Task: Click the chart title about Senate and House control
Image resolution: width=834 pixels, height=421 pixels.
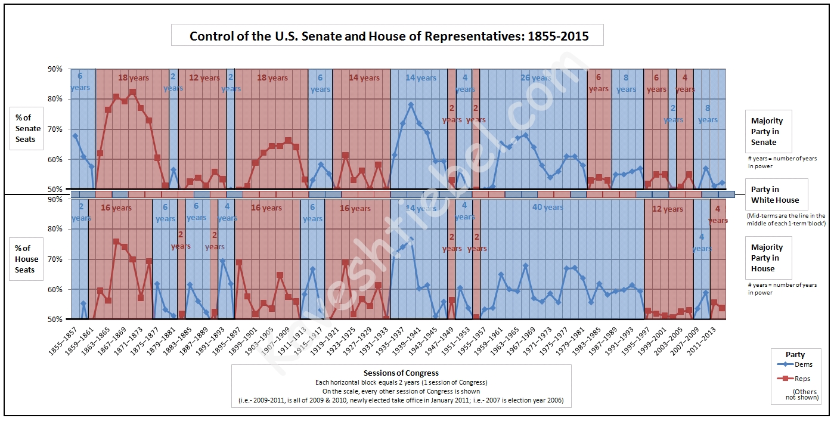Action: pos(389,36)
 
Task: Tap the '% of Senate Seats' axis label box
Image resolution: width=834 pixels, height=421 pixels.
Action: pos(28,128)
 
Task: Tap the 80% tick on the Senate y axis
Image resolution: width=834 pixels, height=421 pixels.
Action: pos(55,99)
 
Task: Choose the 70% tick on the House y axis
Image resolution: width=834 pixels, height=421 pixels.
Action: pos(55,259)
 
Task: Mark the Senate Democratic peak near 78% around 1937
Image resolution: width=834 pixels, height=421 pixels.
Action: pos(411,104)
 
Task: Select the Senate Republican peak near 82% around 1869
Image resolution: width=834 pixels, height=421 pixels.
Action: pos(132,92)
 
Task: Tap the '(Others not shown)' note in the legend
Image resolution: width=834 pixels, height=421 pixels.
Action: pos(805,394)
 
